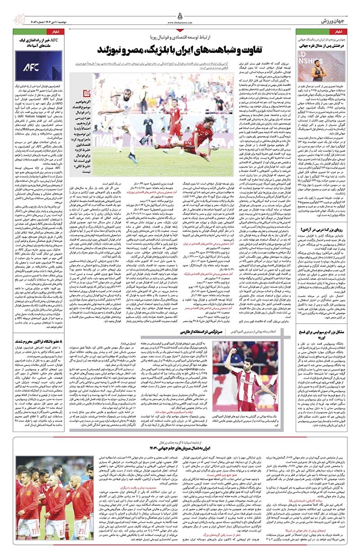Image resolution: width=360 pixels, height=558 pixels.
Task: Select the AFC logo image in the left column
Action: tap(32, 66)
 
